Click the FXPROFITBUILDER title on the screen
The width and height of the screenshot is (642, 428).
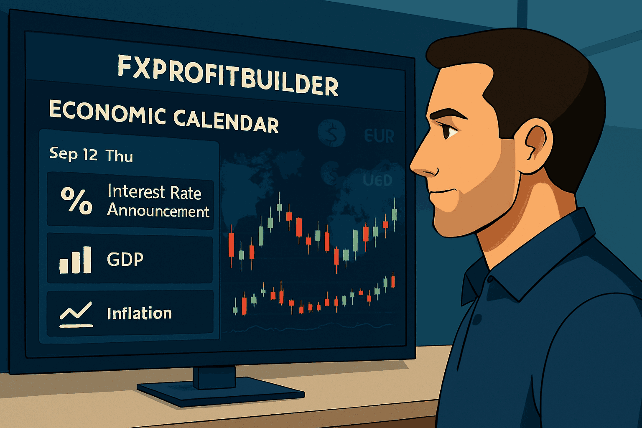click(228, 75)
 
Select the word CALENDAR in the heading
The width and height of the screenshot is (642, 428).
click(226, 120)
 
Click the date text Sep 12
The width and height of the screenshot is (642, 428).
click(73, 154)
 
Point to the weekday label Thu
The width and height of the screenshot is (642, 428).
click(119, 156)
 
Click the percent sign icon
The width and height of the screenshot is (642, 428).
click(76, 201)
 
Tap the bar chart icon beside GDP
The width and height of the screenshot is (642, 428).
click(75, 260)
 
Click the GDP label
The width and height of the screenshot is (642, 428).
click(125, 260)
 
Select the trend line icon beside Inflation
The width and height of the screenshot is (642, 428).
click(76, 314)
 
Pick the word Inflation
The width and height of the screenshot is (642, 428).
click(139, 313)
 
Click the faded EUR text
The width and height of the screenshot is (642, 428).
click(379, 136)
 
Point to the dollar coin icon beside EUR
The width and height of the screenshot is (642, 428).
click(332, 133)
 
